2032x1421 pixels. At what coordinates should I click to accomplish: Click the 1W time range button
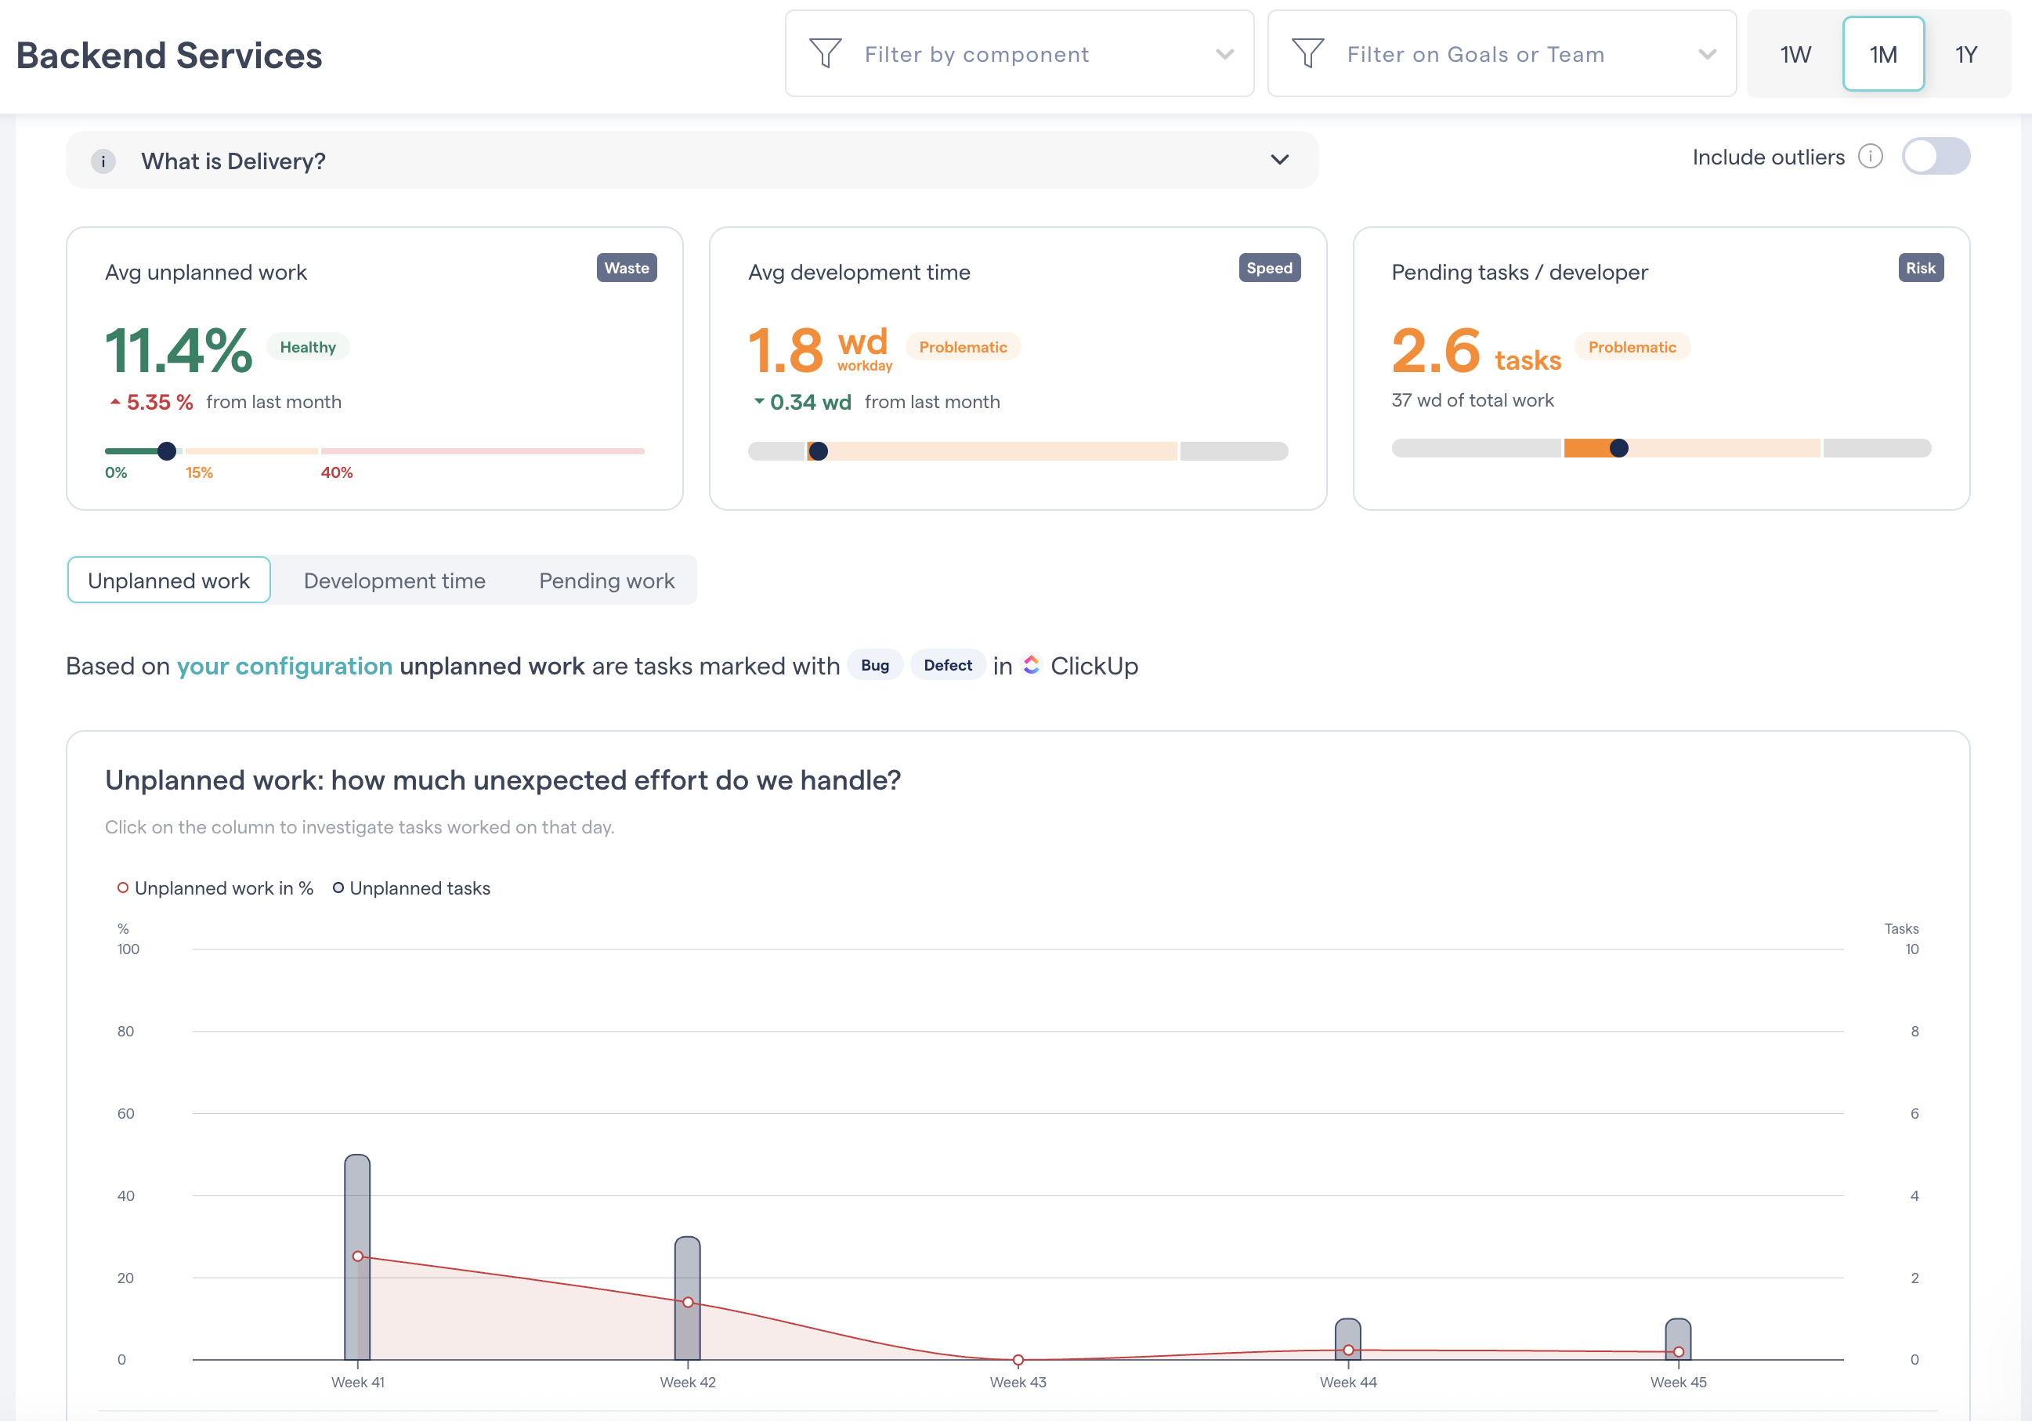click(1795, 55)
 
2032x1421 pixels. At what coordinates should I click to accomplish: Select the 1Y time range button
click(1965, 55)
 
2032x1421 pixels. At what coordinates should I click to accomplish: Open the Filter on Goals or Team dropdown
click(1501, 55)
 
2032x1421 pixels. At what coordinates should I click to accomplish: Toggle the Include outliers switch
click(1935, 157)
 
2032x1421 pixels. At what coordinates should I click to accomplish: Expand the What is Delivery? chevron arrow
click(1279, 160)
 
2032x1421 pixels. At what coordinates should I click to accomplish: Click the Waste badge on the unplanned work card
click(627, 268)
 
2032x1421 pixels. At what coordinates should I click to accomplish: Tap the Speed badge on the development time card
click(1268, 268)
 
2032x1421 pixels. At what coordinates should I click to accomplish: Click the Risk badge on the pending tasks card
click(1920, 268)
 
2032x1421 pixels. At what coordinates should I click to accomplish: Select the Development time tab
click(395, 581)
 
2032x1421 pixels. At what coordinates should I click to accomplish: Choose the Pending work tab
click(606, 581)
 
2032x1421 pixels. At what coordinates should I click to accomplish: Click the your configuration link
click(284, 667)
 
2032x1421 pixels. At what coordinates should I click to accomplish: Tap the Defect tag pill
click(947, 665)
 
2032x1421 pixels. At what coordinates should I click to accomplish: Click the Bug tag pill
click(874, 665)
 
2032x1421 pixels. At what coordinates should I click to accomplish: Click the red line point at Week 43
click(1018, 1359)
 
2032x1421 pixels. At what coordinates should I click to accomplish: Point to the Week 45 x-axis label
click(1678, 1382)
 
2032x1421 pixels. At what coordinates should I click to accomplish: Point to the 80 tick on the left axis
click(125, 1032)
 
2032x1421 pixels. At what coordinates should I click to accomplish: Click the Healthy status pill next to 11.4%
click(308, 348)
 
